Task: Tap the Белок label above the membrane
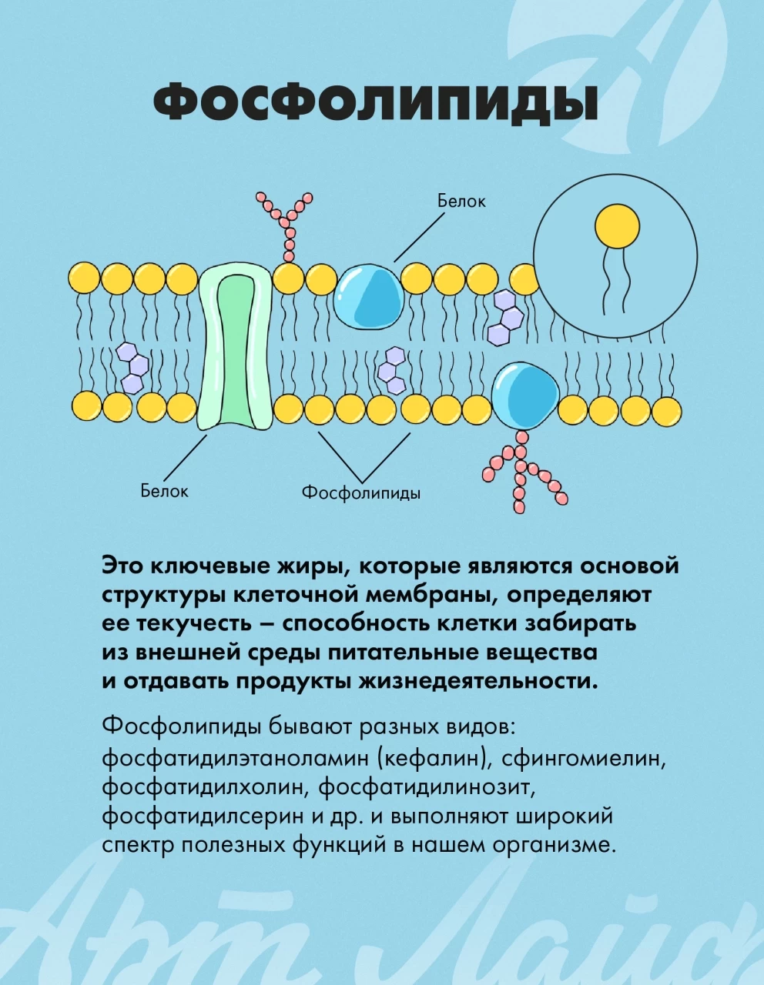pos(461,202)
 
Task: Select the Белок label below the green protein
pos(164,491)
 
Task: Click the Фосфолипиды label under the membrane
pos(361,493)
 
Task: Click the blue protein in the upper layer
pos(368,296)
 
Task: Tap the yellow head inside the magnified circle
pos(618,226)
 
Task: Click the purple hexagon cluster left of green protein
pos(132,367)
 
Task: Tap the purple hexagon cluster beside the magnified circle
pos(505,316)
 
